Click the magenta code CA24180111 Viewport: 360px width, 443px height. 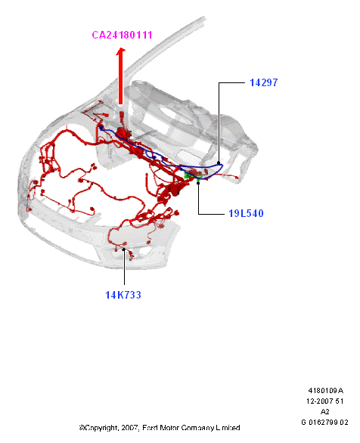122,35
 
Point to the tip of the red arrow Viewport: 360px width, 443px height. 121,48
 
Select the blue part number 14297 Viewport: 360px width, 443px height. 264,82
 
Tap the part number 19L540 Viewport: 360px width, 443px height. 246,213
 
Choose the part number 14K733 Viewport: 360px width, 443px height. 123,295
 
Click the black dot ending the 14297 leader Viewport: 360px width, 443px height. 219,163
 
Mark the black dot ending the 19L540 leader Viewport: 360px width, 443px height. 198,183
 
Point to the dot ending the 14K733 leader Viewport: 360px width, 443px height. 124,249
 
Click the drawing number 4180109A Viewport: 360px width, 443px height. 325,390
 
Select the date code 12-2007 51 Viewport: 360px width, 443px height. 325,401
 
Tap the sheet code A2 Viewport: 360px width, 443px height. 325,412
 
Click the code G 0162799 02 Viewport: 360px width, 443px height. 325,423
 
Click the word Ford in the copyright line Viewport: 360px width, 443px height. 150,428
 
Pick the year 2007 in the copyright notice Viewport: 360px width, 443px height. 130,428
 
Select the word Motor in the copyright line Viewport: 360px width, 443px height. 169,428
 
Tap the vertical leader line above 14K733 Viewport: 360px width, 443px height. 124,268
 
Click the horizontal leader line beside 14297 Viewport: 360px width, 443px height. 231,83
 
